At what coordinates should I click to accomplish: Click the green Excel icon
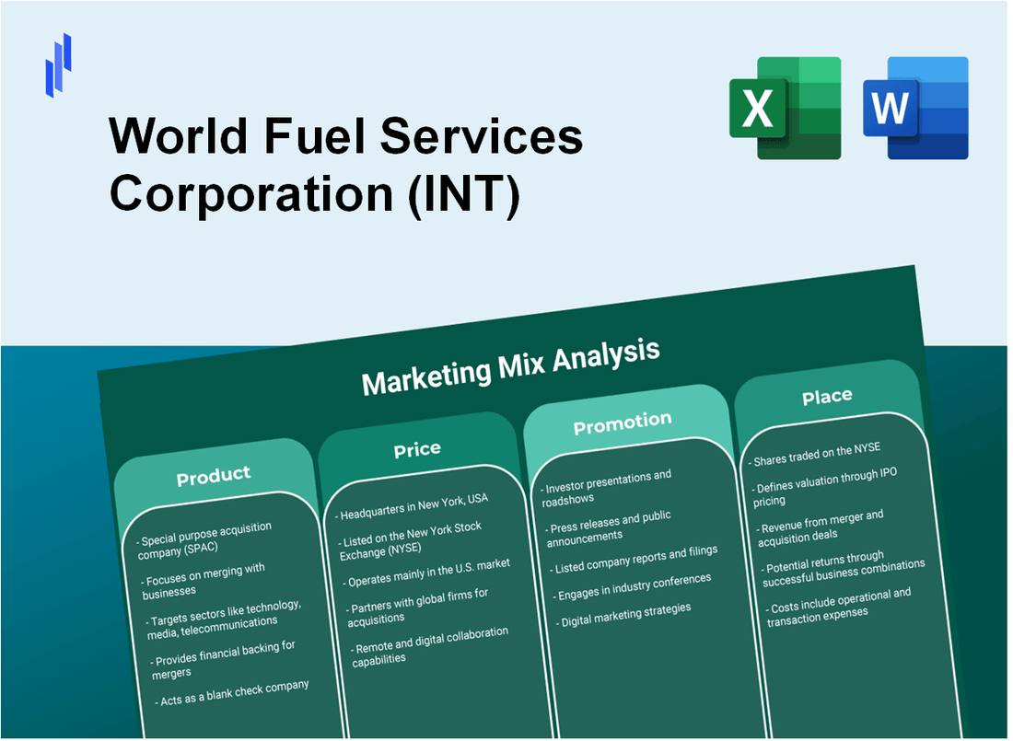coord(785,108)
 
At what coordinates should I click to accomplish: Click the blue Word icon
coord(915,108)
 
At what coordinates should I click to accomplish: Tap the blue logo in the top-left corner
coord(58,64)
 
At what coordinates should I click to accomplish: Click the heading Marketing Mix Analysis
coord(510,365)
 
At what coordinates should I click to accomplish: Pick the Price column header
coord(417,449)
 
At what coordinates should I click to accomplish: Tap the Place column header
coord(827,397)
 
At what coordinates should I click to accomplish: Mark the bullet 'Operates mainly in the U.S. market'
coord(427,572)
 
